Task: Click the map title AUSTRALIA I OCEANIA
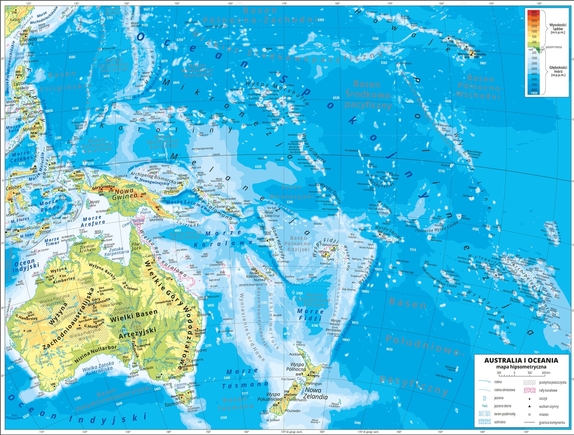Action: pos(521,360)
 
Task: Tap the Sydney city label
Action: pos(201,350)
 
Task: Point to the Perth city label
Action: pos(33,378)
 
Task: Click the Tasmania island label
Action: pos(174,402)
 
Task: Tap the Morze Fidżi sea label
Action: pos(310,315)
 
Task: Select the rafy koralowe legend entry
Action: pos(548,390)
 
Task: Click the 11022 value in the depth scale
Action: pos(534,93)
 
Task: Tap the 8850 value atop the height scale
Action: pos(534,12)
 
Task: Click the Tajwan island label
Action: pos(30,39)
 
